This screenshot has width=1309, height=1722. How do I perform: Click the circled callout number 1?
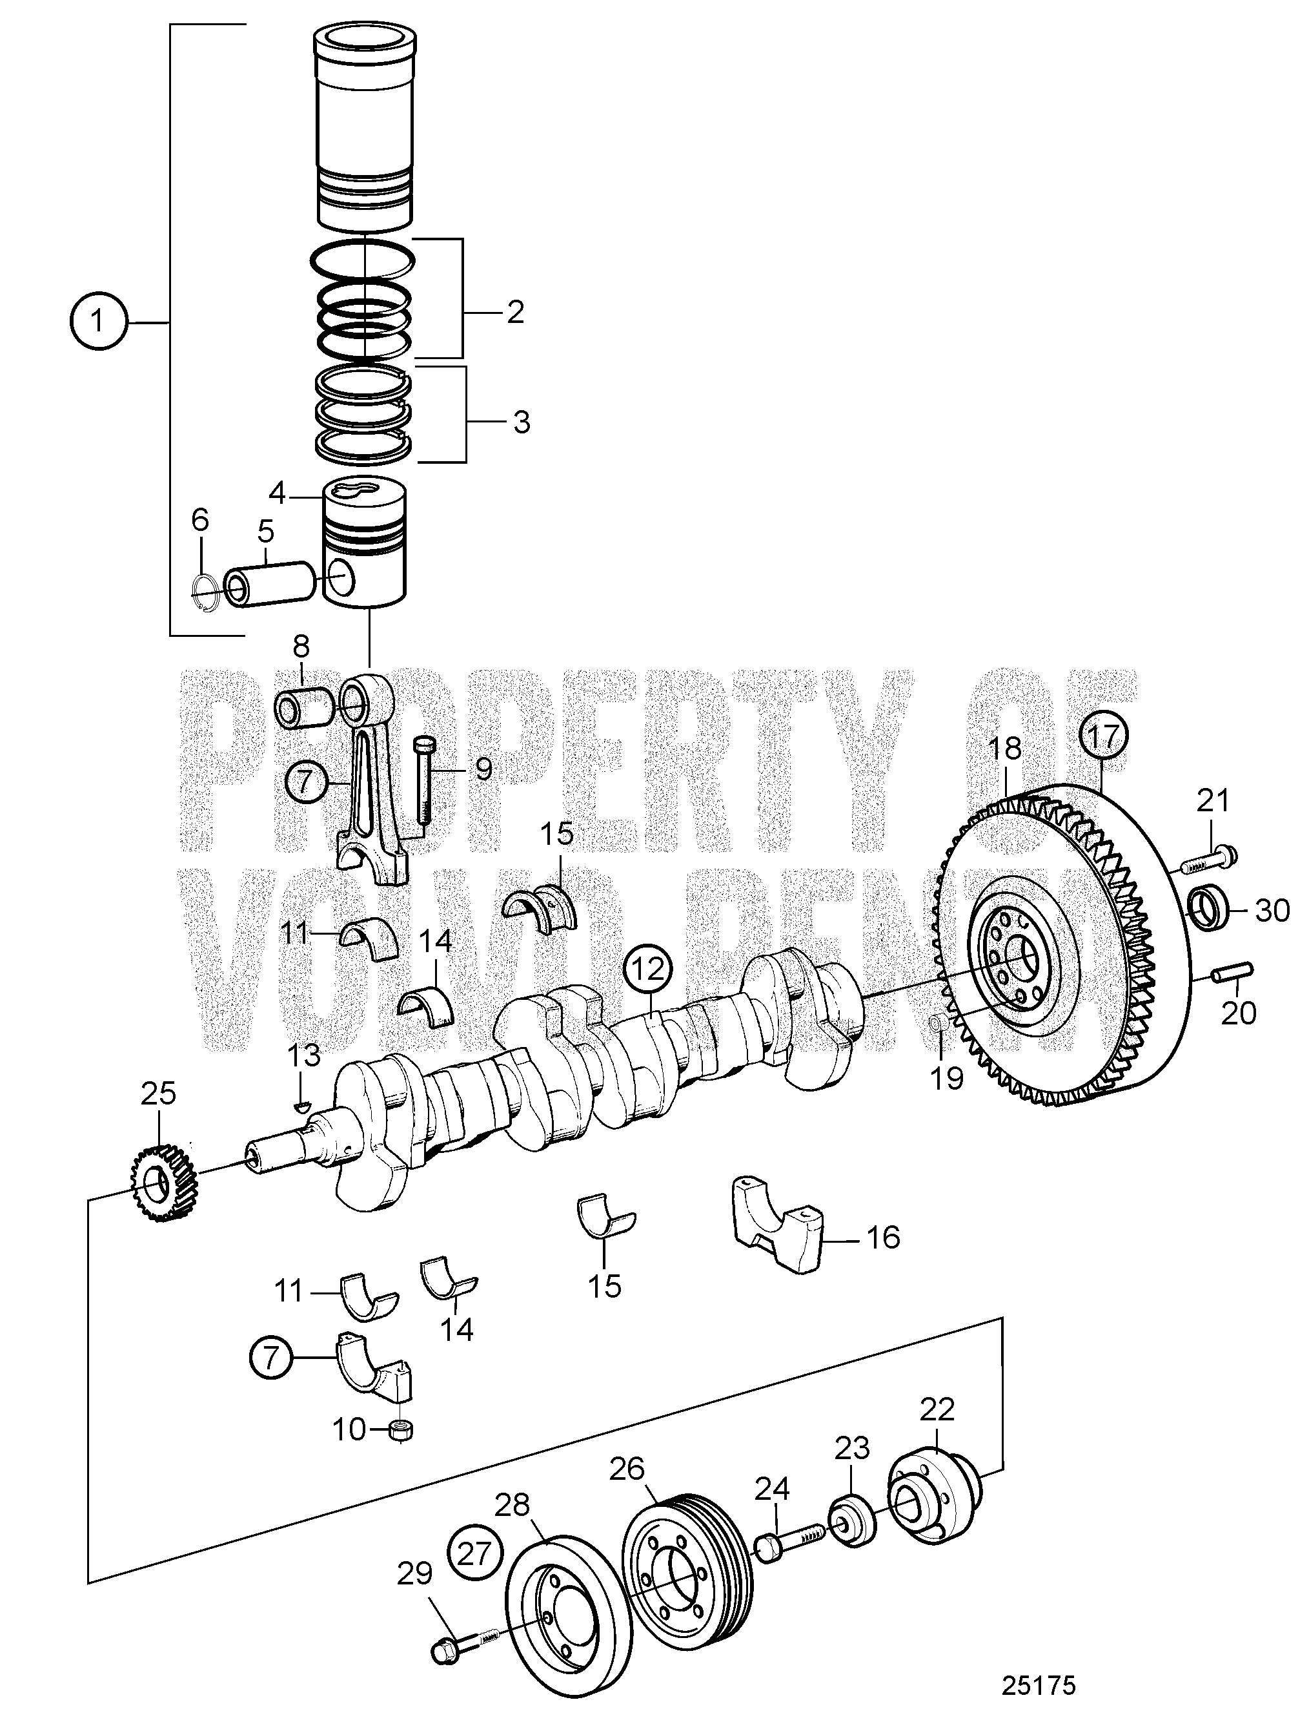[x=97, y=321]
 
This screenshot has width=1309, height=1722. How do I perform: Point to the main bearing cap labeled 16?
[x=778, y=1232]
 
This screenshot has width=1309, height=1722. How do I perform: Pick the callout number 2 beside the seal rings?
[x=515, y=313]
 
